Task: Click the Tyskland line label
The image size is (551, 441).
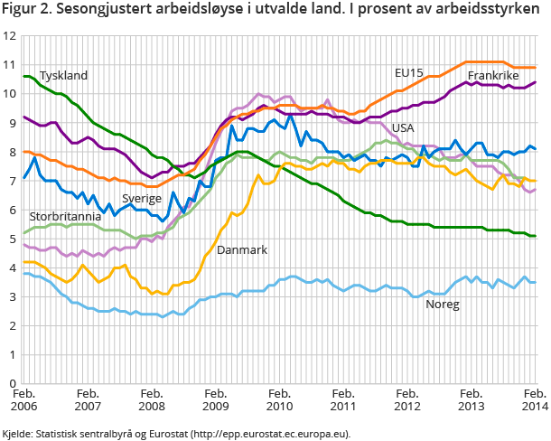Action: [x=63, y=76]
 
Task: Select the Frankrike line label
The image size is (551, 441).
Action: [x=494, y=76]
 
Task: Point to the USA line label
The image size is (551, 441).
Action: [x=403, y=128]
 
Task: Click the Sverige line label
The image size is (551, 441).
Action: [x=142, y=198]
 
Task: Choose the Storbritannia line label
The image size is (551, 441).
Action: [x=65, y=217]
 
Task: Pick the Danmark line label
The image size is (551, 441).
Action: [x=243, y=249]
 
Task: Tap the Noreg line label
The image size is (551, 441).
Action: [x=443, y=305]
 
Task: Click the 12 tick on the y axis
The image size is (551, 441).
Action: [x=10, y=36]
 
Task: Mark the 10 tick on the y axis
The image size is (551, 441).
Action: [x=10, y=94]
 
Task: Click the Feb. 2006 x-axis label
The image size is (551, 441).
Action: [x=23, y=400]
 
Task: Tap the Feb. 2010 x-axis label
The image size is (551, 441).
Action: [x=279, y=400]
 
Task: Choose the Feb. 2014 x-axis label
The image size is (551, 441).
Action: [x=533, y=400]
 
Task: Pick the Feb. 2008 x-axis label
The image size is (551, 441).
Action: [x=151, y=400]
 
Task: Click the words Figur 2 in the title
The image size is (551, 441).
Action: [x=24, y=11]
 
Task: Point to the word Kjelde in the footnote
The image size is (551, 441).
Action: [x=19, y=433]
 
